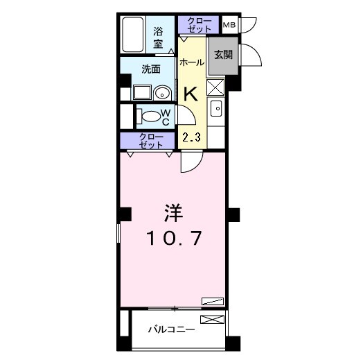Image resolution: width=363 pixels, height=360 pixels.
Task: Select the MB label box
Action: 229,25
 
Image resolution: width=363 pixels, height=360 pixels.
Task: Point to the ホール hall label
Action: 191,62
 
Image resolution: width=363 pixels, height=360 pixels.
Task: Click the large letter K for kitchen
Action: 191,92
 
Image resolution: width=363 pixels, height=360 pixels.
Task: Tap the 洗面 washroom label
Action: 151,69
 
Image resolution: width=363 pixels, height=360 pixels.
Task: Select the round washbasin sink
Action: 163,92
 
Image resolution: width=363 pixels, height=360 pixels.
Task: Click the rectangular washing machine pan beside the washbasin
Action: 143,92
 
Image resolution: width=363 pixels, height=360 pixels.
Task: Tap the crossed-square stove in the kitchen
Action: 215,88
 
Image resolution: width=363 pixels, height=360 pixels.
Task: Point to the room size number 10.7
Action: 174,239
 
